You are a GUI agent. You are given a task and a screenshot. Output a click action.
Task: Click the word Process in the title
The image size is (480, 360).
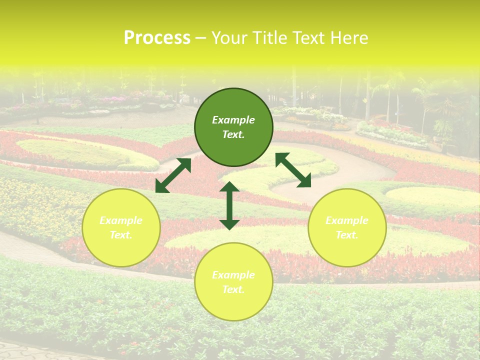[157, 38]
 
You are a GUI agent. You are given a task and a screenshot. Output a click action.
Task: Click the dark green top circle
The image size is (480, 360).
[233, 127]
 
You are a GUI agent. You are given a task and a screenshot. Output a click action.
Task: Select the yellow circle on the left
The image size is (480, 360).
[121, 227]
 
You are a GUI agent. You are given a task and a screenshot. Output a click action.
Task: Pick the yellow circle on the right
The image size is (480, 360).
[347, 227]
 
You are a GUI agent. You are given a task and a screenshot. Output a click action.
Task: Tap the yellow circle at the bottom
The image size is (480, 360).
[233, 282]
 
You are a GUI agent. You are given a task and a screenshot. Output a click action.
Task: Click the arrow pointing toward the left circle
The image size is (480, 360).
[173, 175]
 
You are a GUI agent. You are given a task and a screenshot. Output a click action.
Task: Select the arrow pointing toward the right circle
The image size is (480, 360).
[293, 170]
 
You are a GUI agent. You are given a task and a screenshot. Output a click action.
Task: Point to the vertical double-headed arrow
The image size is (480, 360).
[229, 205]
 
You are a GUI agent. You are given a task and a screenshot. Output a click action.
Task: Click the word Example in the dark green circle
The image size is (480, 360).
[233, 120]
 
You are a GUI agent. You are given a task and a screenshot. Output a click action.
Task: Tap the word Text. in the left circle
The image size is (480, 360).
[121, 235]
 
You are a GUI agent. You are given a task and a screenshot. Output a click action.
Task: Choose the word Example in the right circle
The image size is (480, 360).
[347, 220]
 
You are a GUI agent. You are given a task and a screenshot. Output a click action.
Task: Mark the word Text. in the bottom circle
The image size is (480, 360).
[233, 290]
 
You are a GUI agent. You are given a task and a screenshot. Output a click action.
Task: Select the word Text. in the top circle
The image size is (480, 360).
[233, 135]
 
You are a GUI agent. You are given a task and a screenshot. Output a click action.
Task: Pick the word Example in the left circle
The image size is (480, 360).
[121, 220]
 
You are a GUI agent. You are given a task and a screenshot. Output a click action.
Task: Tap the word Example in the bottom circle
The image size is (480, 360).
[233, 275]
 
